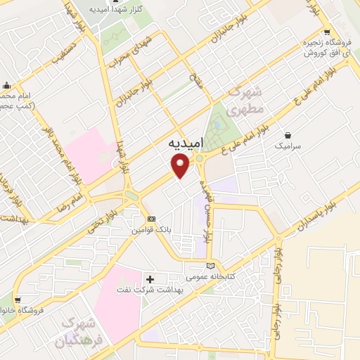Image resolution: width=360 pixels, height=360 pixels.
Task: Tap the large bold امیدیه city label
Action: tap(186, 142)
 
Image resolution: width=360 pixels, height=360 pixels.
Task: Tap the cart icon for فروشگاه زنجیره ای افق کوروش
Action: tap(326, 32)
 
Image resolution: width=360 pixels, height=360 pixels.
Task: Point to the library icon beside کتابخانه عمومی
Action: tap(210, 265)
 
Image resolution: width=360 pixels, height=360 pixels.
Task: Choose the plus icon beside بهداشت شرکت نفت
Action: tap(149, 278)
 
